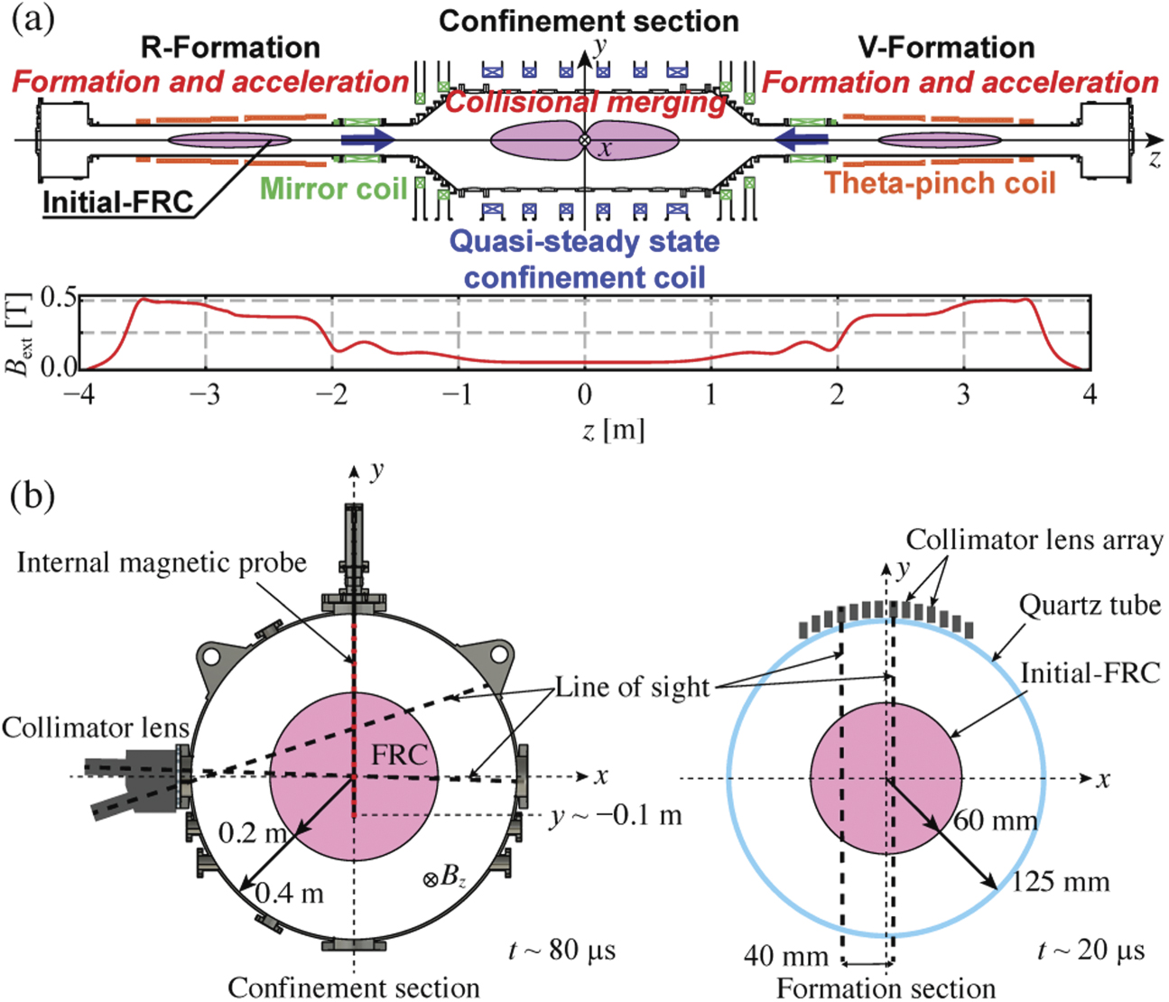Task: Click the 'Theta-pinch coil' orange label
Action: pos(939,183)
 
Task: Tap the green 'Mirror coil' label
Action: pos(333,189)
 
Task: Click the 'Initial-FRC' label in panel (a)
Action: pos(118,202)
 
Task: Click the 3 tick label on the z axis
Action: pos(964,394)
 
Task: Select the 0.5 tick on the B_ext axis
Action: pos(57,299)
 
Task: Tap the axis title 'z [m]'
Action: pos(613,429)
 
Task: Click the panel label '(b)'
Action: pos(33,496)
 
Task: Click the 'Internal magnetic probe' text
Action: pos(162,563)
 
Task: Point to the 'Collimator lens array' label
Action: pos(1034,540)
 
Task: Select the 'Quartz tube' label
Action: pos(1090,605)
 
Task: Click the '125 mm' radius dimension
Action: pos(1059,881)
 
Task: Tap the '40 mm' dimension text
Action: pos(785,956)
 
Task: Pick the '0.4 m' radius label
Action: pos(289,894)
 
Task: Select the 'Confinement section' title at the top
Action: pos(589,21)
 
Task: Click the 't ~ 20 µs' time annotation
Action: pos(1090,950)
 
